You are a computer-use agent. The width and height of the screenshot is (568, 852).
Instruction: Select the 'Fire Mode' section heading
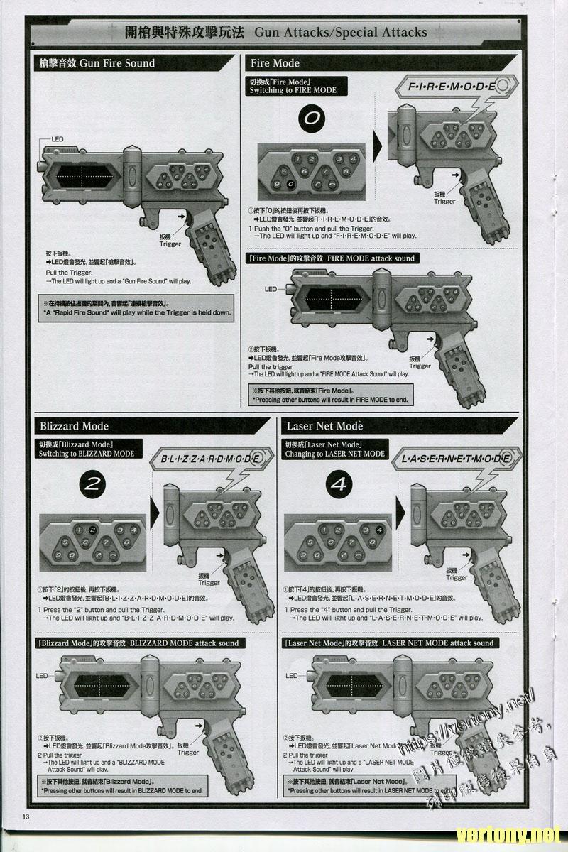click(275, 63)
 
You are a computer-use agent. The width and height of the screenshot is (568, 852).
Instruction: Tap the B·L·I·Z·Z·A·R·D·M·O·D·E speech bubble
click(210, 459)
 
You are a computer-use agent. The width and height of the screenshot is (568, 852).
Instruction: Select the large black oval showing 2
click(92, 484)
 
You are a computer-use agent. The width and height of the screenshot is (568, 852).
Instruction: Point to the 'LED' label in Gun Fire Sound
click(57, 139)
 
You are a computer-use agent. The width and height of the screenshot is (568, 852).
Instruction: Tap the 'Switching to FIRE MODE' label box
click(293, 86)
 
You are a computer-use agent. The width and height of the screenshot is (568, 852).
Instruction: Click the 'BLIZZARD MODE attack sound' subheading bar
click(139, 643)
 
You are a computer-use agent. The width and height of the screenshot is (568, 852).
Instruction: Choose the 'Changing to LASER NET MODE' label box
click(334, 449)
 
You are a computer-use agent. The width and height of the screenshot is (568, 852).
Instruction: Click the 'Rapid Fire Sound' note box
click(137, 307)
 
